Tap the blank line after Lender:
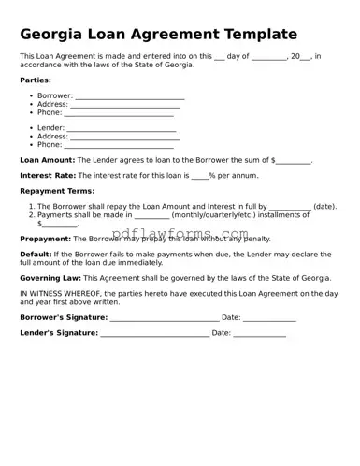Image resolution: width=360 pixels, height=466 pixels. pos(122,128)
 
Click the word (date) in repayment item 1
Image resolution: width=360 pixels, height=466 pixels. pos(324,206)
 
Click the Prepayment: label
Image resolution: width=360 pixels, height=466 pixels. pos(45,239)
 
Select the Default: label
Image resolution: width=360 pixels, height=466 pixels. pos(36,254)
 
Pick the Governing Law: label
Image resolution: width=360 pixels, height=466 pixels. pos(50,278)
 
